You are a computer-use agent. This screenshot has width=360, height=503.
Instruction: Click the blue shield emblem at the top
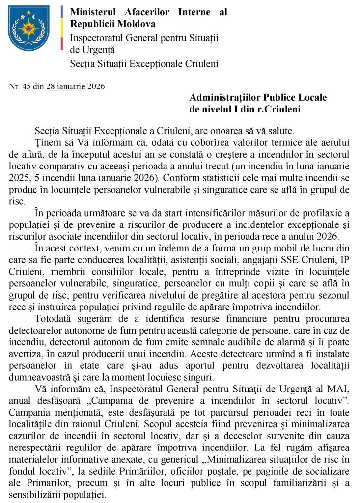[x=28, y=28]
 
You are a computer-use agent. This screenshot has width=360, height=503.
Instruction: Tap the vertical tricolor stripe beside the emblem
[x=61, y=29]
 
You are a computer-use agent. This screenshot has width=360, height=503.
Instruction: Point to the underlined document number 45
[x=27, y=87]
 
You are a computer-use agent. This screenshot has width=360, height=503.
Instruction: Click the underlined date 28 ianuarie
[x=66, y=87]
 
